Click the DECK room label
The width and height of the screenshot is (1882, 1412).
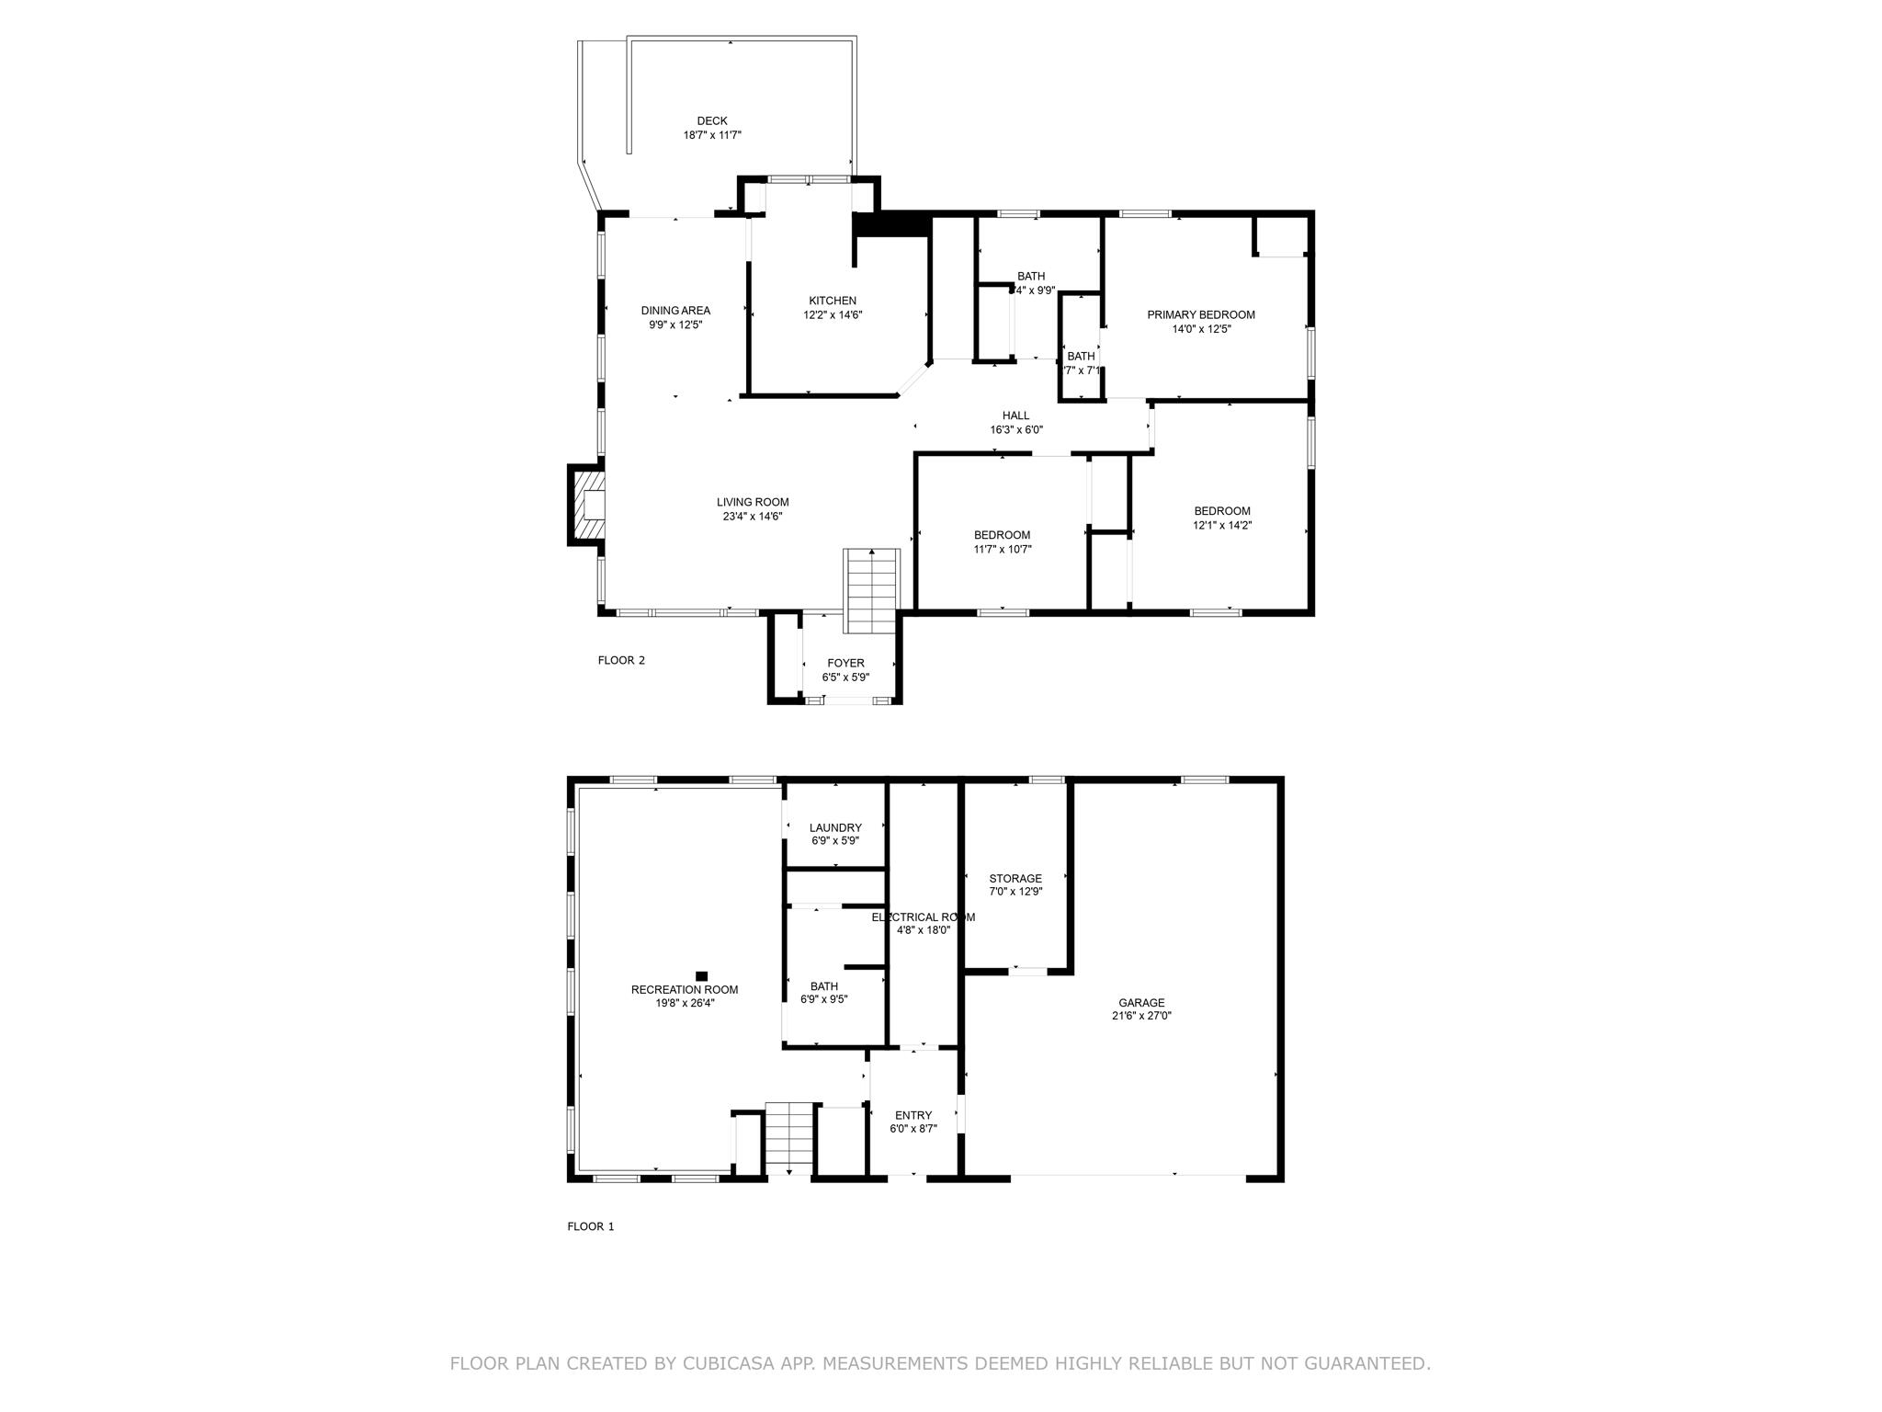tap(711, 120)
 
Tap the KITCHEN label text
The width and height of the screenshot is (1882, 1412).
tap(832, 301)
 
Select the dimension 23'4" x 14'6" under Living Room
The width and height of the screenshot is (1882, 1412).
tap(752, 517)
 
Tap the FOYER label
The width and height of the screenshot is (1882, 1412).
tap(845, 663)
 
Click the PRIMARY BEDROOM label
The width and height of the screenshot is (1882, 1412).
tap(1200, 314)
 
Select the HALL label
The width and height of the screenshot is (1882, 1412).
tap(1015, 416)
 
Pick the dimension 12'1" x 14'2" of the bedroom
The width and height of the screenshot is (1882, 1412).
tap(1222, 526)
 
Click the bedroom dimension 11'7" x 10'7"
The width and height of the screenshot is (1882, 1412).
tap(1002, 550)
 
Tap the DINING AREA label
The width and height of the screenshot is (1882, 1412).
tap(675, 311)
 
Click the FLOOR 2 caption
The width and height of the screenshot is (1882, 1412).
tap(621, 660)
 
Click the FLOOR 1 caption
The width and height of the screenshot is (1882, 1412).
tap(590, 1226)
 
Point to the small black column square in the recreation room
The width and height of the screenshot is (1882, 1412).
tap(702, 975)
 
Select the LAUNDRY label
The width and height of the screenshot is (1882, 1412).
tap(835, 827)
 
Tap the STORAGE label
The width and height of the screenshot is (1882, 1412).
tap(1015, 878)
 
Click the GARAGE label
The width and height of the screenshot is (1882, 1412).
tap(1141, 1003)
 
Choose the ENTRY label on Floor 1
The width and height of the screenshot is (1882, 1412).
tap(913, 1115)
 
